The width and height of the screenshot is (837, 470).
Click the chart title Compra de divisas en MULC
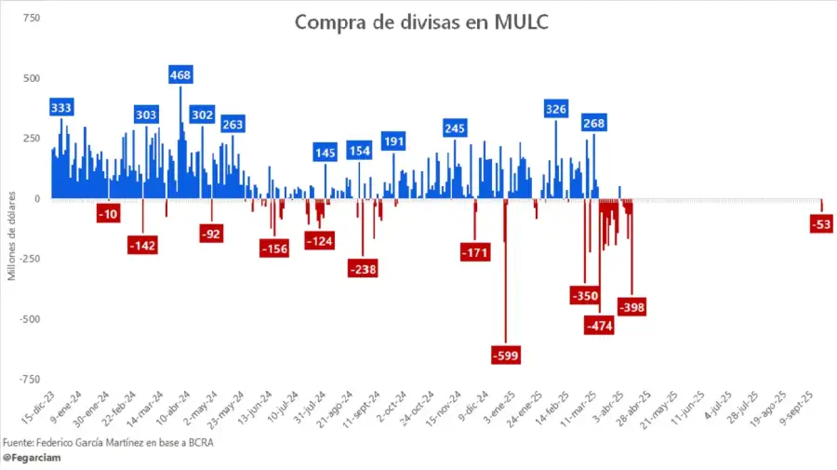point(421,22)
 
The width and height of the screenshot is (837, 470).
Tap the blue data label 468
point(180,74)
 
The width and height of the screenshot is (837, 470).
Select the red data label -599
point(507,355)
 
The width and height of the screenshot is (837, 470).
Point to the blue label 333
point(62,107)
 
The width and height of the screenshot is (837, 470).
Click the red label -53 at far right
point(821,223)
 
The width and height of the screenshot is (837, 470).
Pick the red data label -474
point(599,326)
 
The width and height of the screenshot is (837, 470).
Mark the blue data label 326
point(556,109)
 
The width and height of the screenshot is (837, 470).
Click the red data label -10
point(109,215)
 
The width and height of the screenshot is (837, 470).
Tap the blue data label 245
point(455,128)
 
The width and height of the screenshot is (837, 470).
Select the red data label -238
point(362,269)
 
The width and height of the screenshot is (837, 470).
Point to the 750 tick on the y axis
point(31,18)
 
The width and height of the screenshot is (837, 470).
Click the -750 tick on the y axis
point(29,379)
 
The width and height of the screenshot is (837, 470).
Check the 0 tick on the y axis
point(37,198)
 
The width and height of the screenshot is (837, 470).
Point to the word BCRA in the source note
point(199,442)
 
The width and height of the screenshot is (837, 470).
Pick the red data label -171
point(475,251)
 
